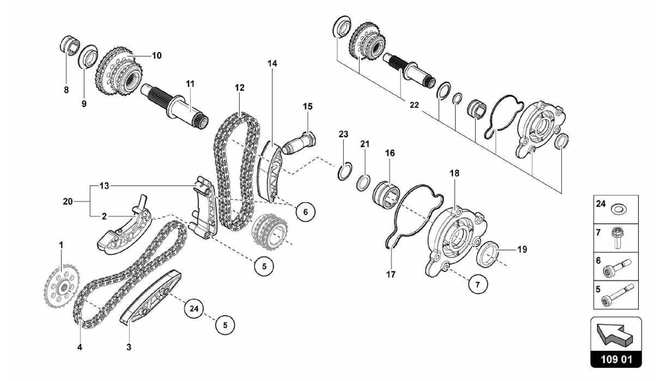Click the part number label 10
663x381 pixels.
click(x=157, y=56)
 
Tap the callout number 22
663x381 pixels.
click(x=414, y=105)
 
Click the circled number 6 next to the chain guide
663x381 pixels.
click(x=305, y=212)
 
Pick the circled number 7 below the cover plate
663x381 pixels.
click(x=478, y=284)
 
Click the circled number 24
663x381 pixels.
click(x=194, y=308)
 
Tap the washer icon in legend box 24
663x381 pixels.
click(x=618, y=209)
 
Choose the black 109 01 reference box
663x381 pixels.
click(x=616, y=359)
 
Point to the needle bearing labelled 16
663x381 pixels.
click(x=387, y=196)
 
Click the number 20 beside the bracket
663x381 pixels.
click(x=68, y=202)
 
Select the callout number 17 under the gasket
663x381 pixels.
click(x=391, y=275)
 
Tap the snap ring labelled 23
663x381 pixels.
click(x=344, y=170)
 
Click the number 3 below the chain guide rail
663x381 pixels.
click(x=129, y=347)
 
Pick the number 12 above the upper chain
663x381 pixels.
click(x=240, y=88)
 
